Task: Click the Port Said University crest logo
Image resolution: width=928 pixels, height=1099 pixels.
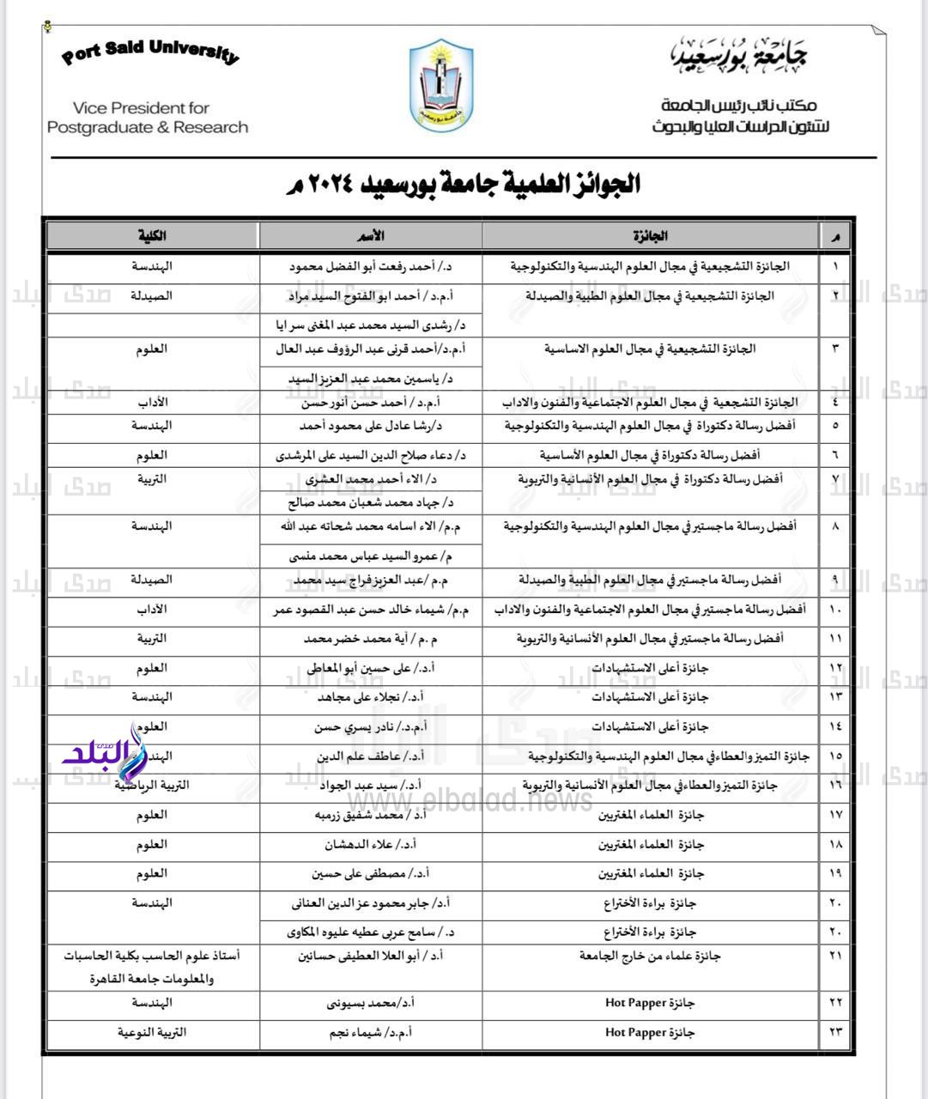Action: click(x=440, y=86)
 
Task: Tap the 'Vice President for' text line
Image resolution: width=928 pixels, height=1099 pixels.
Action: click(x=142, y=108)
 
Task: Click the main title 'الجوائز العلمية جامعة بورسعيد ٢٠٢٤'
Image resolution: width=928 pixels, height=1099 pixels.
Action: click(x=464, y=184)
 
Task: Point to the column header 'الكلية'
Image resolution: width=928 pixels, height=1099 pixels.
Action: click(x=152, y=236)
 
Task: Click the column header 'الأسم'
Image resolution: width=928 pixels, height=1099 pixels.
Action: click(x=371, y=236)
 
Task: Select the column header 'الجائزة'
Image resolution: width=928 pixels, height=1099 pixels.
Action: click(x=650, y=236)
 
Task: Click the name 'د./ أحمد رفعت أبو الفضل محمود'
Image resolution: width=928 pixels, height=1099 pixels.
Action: click(x=371, y=267)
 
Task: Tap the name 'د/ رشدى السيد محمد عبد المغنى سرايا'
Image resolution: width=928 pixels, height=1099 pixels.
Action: click(x=371, y=325)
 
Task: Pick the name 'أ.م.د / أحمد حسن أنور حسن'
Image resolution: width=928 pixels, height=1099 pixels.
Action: click(x=371, y=402)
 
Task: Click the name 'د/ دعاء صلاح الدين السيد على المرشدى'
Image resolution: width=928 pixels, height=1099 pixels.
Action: click(x=371, y=455)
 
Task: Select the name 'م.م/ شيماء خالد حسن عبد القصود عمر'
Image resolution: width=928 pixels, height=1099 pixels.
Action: click(x=371, y=610)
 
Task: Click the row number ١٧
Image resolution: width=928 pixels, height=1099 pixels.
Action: click(x=835, y=815)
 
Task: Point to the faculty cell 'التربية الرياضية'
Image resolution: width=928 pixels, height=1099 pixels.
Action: click(x=152, y=785)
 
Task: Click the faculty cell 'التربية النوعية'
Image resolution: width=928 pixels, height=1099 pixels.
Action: click(x=152, y=1032)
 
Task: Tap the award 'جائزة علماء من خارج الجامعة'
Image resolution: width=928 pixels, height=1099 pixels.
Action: click(x=650, y=956)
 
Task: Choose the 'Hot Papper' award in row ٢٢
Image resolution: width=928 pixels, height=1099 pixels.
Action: click(x=650, y=1003)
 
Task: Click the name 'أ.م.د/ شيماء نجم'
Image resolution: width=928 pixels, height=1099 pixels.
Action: click(x=371, y=1032)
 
